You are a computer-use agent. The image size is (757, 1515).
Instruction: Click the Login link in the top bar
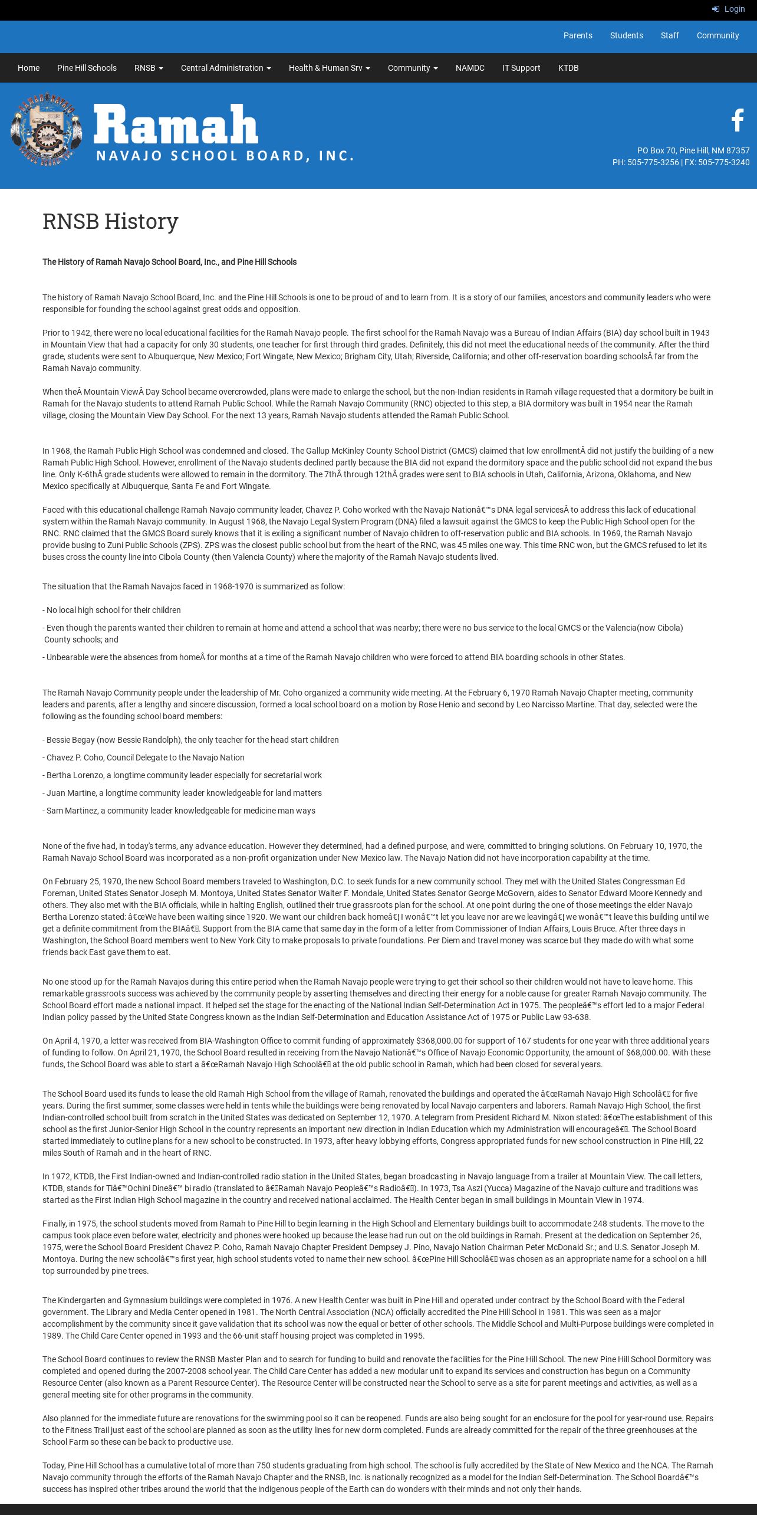click(729, 9)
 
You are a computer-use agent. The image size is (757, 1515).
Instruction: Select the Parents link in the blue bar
click(578, 35)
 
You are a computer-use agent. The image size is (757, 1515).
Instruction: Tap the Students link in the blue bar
click(626, 35)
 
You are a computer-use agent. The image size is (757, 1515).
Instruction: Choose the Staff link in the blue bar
click(670, 35)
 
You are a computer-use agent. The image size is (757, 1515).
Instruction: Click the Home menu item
click(28, 68)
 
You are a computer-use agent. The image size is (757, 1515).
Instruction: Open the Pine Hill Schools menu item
click(87, 68)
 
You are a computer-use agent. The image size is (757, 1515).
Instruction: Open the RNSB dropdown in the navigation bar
click(149, 68)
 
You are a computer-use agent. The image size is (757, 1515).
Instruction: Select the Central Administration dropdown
click(226, 68)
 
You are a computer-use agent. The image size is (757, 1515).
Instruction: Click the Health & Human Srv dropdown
click(329, 68)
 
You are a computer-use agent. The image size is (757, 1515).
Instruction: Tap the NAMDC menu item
click(470, 68)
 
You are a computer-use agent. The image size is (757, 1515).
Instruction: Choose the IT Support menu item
click(521, 68)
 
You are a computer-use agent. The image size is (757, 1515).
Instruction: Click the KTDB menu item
click(568, 68)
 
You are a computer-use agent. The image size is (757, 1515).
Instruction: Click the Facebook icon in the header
click(738, 120)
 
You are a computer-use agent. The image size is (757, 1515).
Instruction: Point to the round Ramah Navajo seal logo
click(46, 129)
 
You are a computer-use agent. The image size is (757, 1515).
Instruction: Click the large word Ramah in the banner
click(176, 124)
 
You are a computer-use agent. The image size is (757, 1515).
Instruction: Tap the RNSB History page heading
click(110, 221)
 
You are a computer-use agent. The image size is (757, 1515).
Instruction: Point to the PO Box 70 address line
click(693, 150)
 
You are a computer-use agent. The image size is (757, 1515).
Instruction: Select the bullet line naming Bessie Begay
click(190, 740)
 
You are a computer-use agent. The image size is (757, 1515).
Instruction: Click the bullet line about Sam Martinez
click(179, 811)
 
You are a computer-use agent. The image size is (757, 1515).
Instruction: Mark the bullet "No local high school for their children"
click(111, 610)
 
